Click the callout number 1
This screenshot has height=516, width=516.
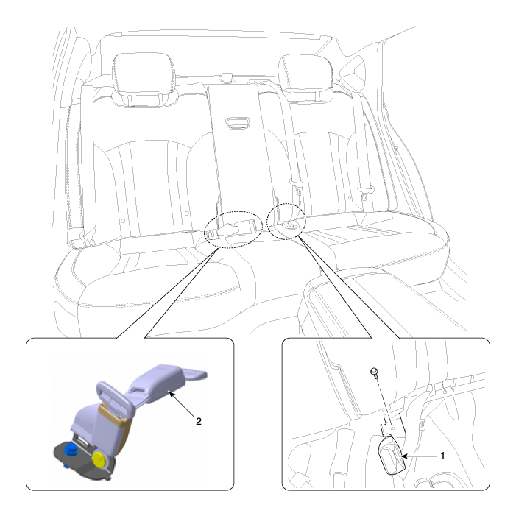pyautogui.click(x=442, y=456)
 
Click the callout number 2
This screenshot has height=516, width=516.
pyautogui.click(x=199, y=421)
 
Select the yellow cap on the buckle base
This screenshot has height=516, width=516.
pyautogui.click(x=99, y=459)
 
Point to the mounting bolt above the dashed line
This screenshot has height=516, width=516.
pyautogui.click(x=374, y=372)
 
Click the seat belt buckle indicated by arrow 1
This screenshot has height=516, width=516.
pyautogui.click(x=392, y=456)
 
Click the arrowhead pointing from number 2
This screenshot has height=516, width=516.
pyautogui.click(x=171, y=394)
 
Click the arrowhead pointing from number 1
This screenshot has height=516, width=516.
pyautogui.click(x=405, y=456)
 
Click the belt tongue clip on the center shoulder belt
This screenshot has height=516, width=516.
pyautogui.click(x=296, y=185)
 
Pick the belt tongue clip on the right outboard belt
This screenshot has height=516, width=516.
pyautogui.click(x=365, y=192)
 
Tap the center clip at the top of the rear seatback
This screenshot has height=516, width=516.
pyautogui.click(x=227, y=78)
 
